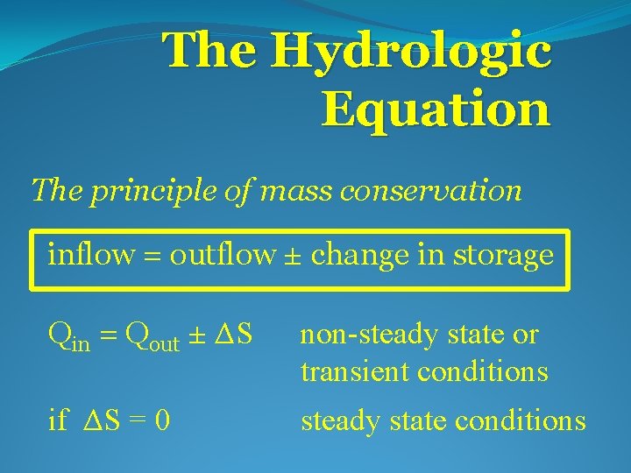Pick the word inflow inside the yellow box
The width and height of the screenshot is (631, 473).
tap(90, 255)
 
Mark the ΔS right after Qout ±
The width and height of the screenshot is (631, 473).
tap(234, 334)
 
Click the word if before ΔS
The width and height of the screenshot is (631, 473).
tap(58, 421)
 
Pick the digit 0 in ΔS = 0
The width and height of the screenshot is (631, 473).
tap(161, 422)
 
